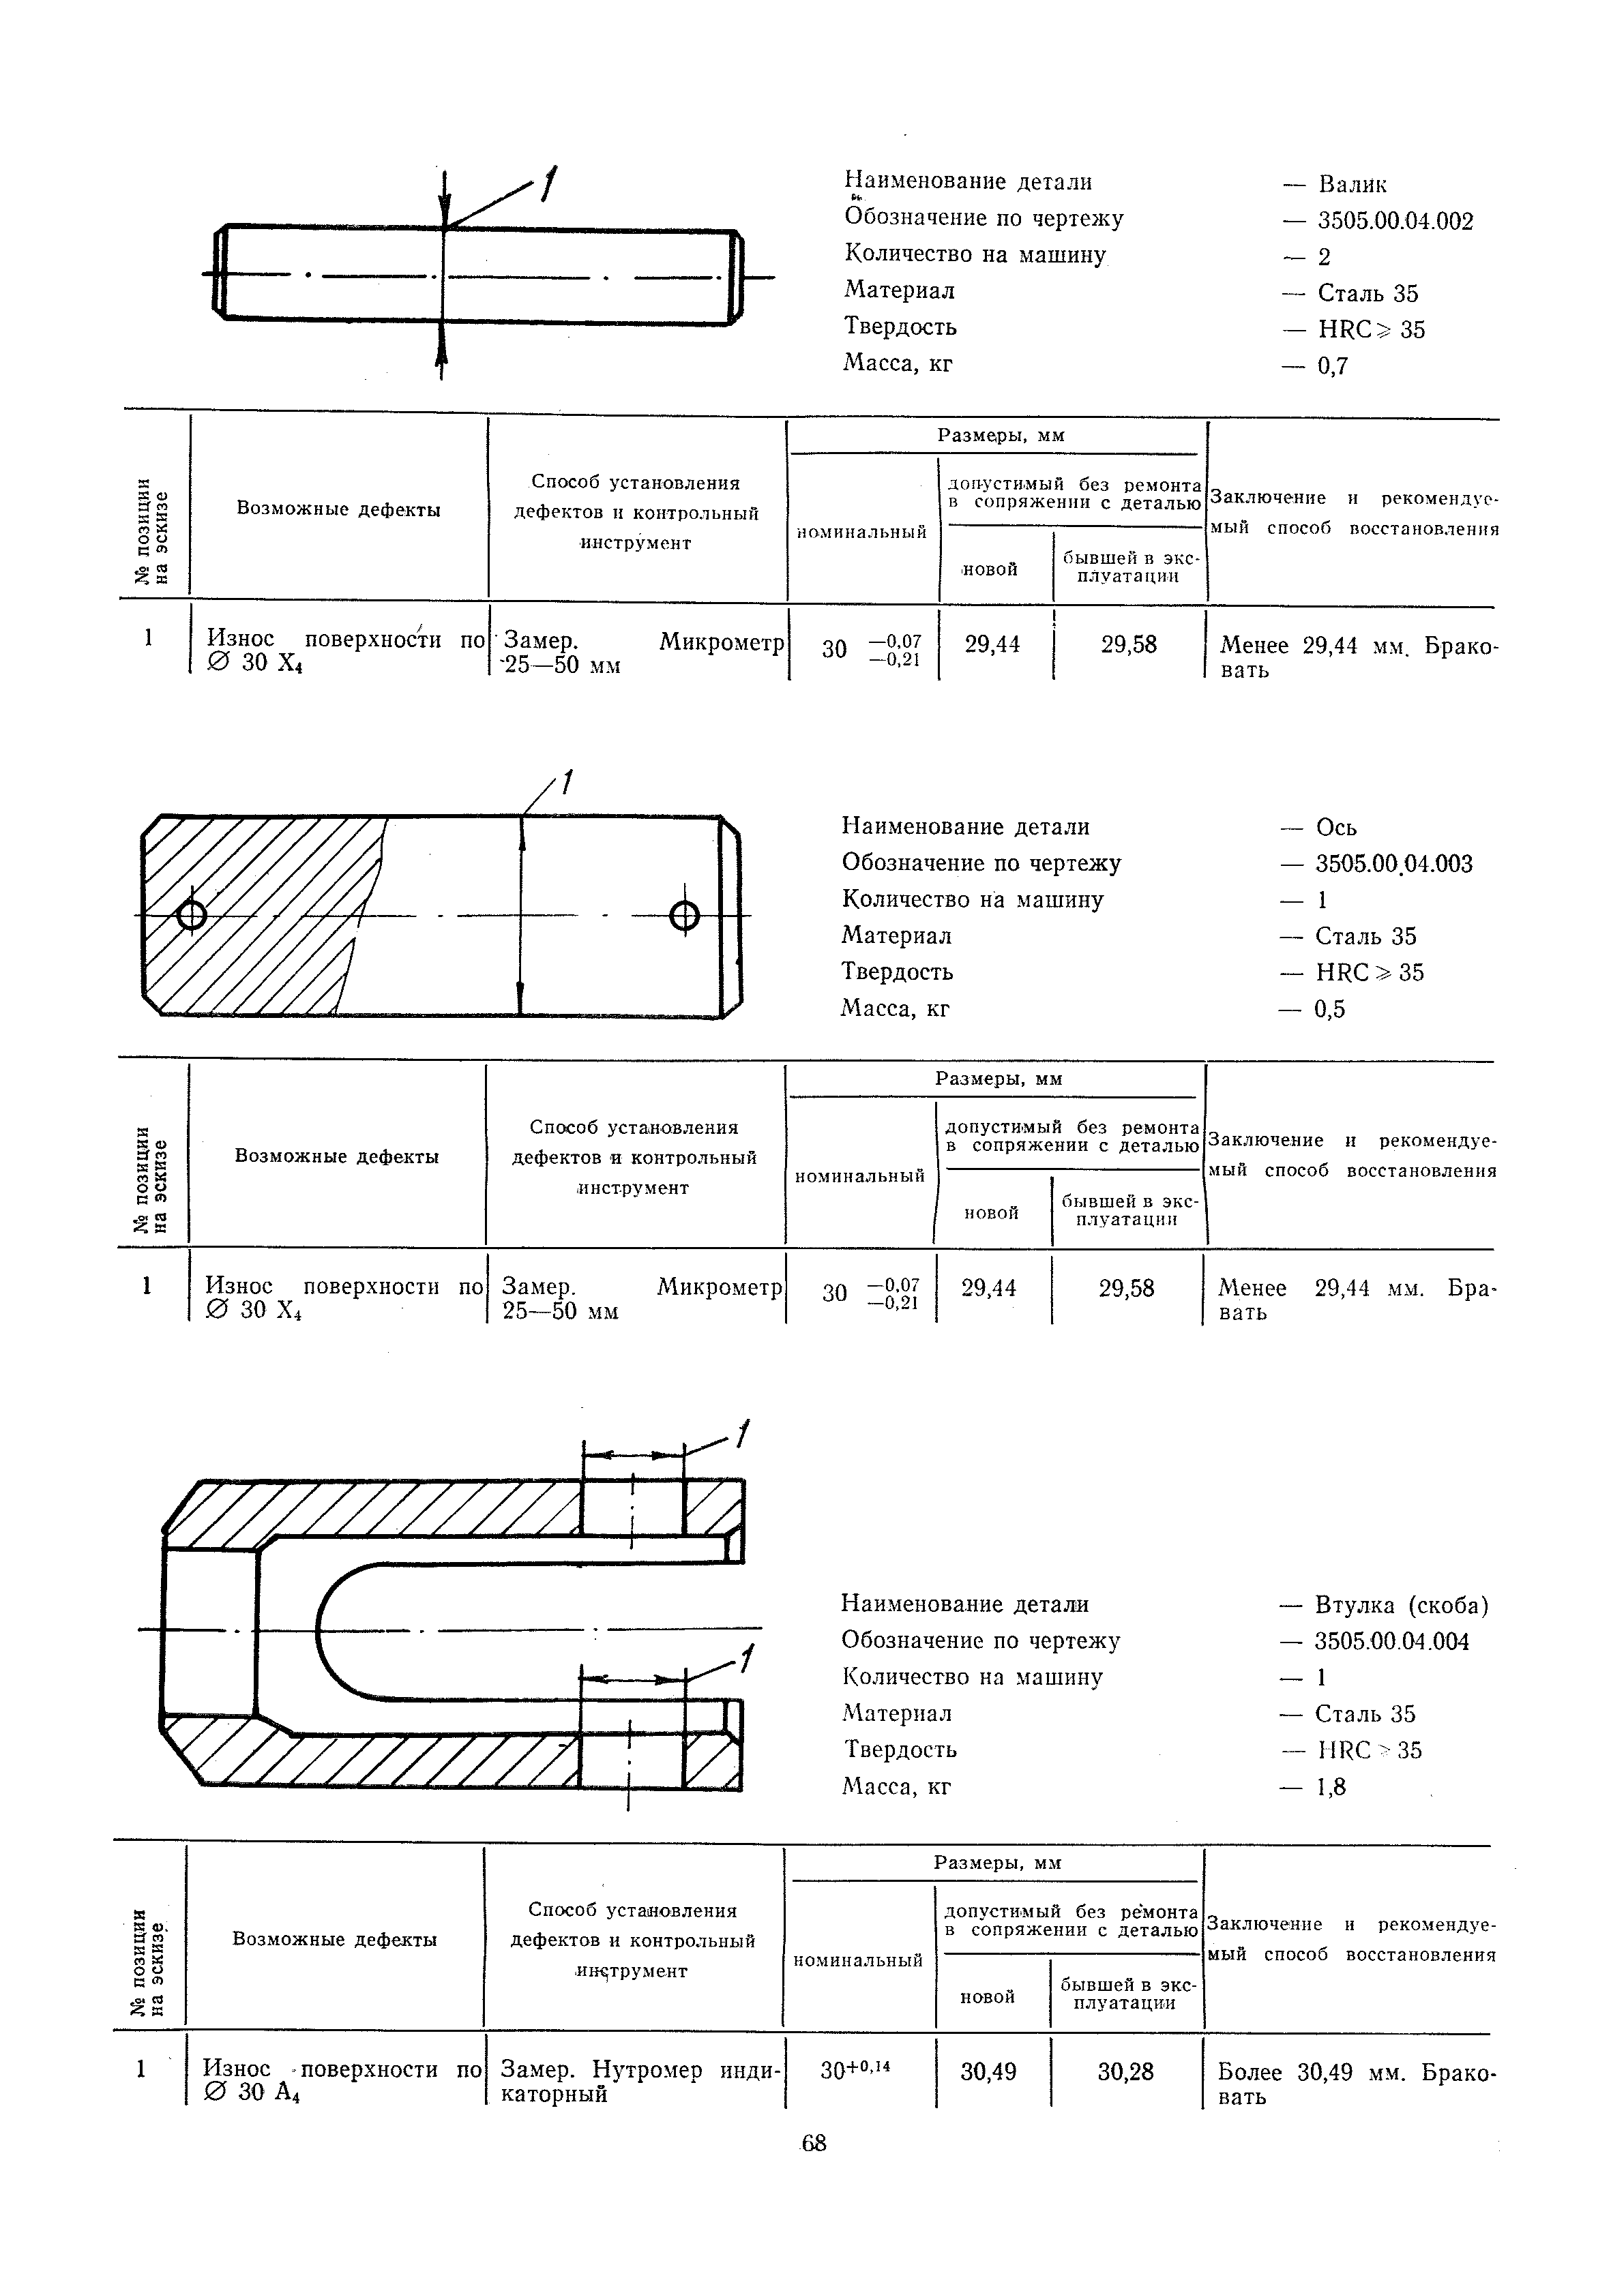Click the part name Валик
(x=1352, y=185)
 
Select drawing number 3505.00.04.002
(x=1395, y=221)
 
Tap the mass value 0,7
(x=1333, y=366)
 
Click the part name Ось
(x=1336, y=828)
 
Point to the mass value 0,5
(x=1330, y=1010)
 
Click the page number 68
(x=814, y=2143)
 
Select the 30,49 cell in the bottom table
(x=988, y=2072)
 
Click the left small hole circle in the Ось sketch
(x=191, y=914)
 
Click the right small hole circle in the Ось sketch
(x=685, y=914)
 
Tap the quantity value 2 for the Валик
(x=1324, y=258)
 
